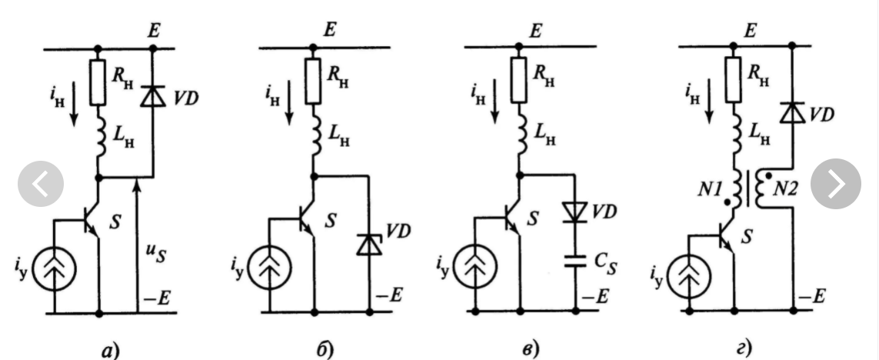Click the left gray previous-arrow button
pos(42,183)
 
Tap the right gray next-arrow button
pos(836,183)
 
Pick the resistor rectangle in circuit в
pos(520,82)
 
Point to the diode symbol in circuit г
pos(790,114)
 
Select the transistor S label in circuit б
pos(331,220)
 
